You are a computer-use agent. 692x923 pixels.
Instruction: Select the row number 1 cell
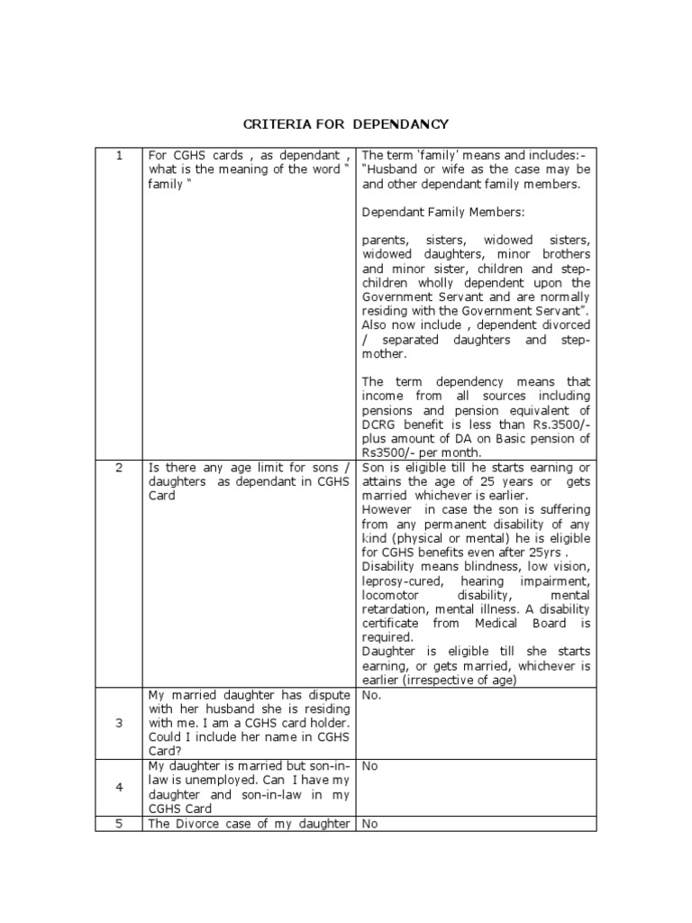[118, 155]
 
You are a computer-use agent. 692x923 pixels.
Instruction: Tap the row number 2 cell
[118, 467]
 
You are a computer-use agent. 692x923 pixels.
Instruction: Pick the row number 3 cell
[118, 724]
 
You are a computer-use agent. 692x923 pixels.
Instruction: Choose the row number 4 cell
[118, 787]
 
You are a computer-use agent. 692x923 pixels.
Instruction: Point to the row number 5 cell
[118, 823]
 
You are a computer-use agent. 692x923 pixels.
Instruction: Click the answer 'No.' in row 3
[371, 696]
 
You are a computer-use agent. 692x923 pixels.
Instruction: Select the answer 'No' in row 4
[369, 765]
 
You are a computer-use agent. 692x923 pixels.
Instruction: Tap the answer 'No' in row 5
[369, 823]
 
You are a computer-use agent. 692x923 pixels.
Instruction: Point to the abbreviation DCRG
[379, 424]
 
